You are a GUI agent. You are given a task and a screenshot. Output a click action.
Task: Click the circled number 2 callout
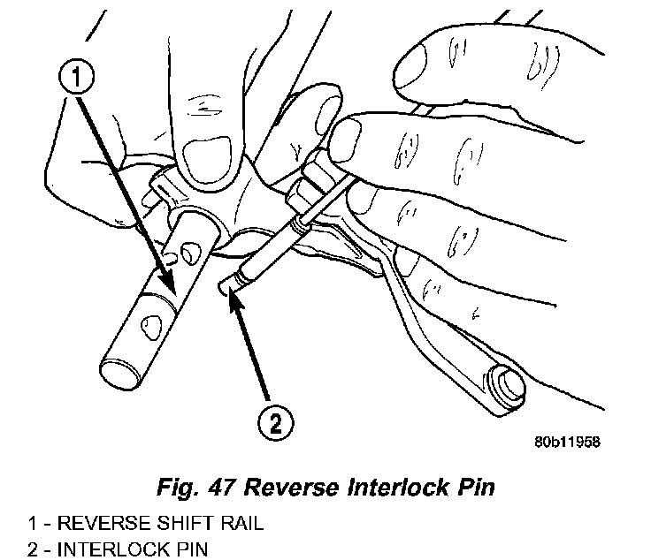click(276, 422)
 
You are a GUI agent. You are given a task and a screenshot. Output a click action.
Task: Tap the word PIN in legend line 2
click(190, 549)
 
